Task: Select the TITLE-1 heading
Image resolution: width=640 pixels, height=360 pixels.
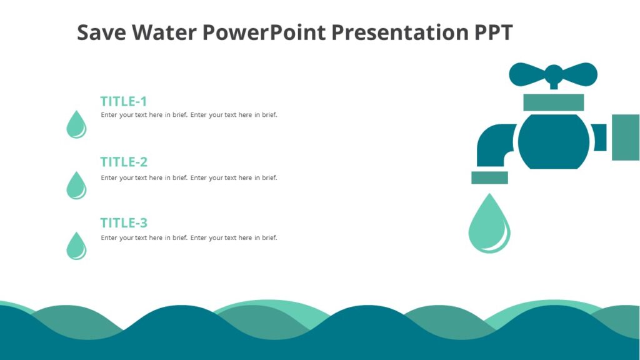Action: point(124,101)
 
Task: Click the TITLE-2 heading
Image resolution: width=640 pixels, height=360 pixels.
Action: point(124,162)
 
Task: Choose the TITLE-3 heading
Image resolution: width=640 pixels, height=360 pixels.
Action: point(124,222)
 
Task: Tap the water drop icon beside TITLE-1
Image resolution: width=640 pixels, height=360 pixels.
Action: point(76,125)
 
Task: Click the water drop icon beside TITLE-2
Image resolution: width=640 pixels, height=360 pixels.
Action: point(76,186)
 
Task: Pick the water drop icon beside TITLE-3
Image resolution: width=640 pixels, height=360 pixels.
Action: point(76,246)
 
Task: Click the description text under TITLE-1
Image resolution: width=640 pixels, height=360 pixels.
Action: point(189,115)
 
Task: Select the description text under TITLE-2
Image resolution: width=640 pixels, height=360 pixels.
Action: point(189,177)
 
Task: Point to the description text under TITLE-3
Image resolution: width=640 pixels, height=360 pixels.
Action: point(189,237)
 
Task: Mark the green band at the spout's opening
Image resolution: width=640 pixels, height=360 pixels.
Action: point(489,177)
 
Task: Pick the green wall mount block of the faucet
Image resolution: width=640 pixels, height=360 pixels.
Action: point(625,137)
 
